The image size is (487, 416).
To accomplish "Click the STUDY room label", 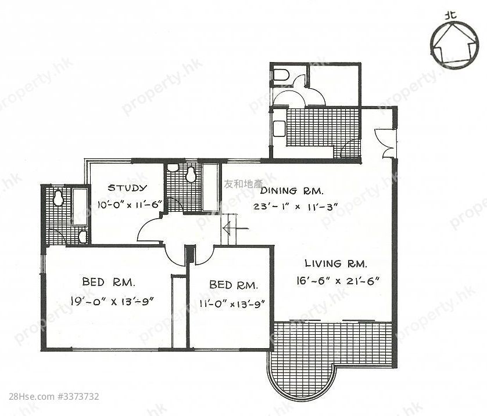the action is (127, 188).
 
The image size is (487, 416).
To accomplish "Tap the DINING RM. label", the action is (292, 191).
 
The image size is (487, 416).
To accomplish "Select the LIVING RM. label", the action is (336, 264).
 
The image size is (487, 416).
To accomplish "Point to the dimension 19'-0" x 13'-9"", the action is (112, 301).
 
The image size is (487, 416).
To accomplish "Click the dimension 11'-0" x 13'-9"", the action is (232, 303).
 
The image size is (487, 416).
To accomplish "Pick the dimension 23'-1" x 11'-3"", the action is (295, 207).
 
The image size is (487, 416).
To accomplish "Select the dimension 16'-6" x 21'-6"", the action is (338, 281).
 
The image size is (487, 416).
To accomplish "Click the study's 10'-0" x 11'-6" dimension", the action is (130, 205).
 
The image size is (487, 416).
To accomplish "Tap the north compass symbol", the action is (454, 46).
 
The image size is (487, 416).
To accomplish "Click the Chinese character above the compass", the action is (450, 15).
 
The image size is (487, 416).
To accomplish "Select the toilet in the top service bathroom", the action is (282, 75).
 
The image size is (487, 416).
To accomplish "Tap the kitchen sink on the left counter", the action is (279, 128).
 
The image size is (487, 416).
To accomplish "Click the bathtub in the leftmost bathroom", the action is (80, 207).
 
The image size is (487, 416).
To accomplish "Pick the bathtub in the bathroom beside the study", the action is (210, 187).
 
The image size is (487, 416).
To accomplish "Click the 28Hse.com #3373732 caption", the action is (54, 396).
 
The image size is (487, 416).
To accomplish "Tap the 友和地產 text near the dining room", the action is (243, 184).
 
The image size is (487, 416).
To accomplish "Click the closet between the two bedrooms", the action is (179, 312).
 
